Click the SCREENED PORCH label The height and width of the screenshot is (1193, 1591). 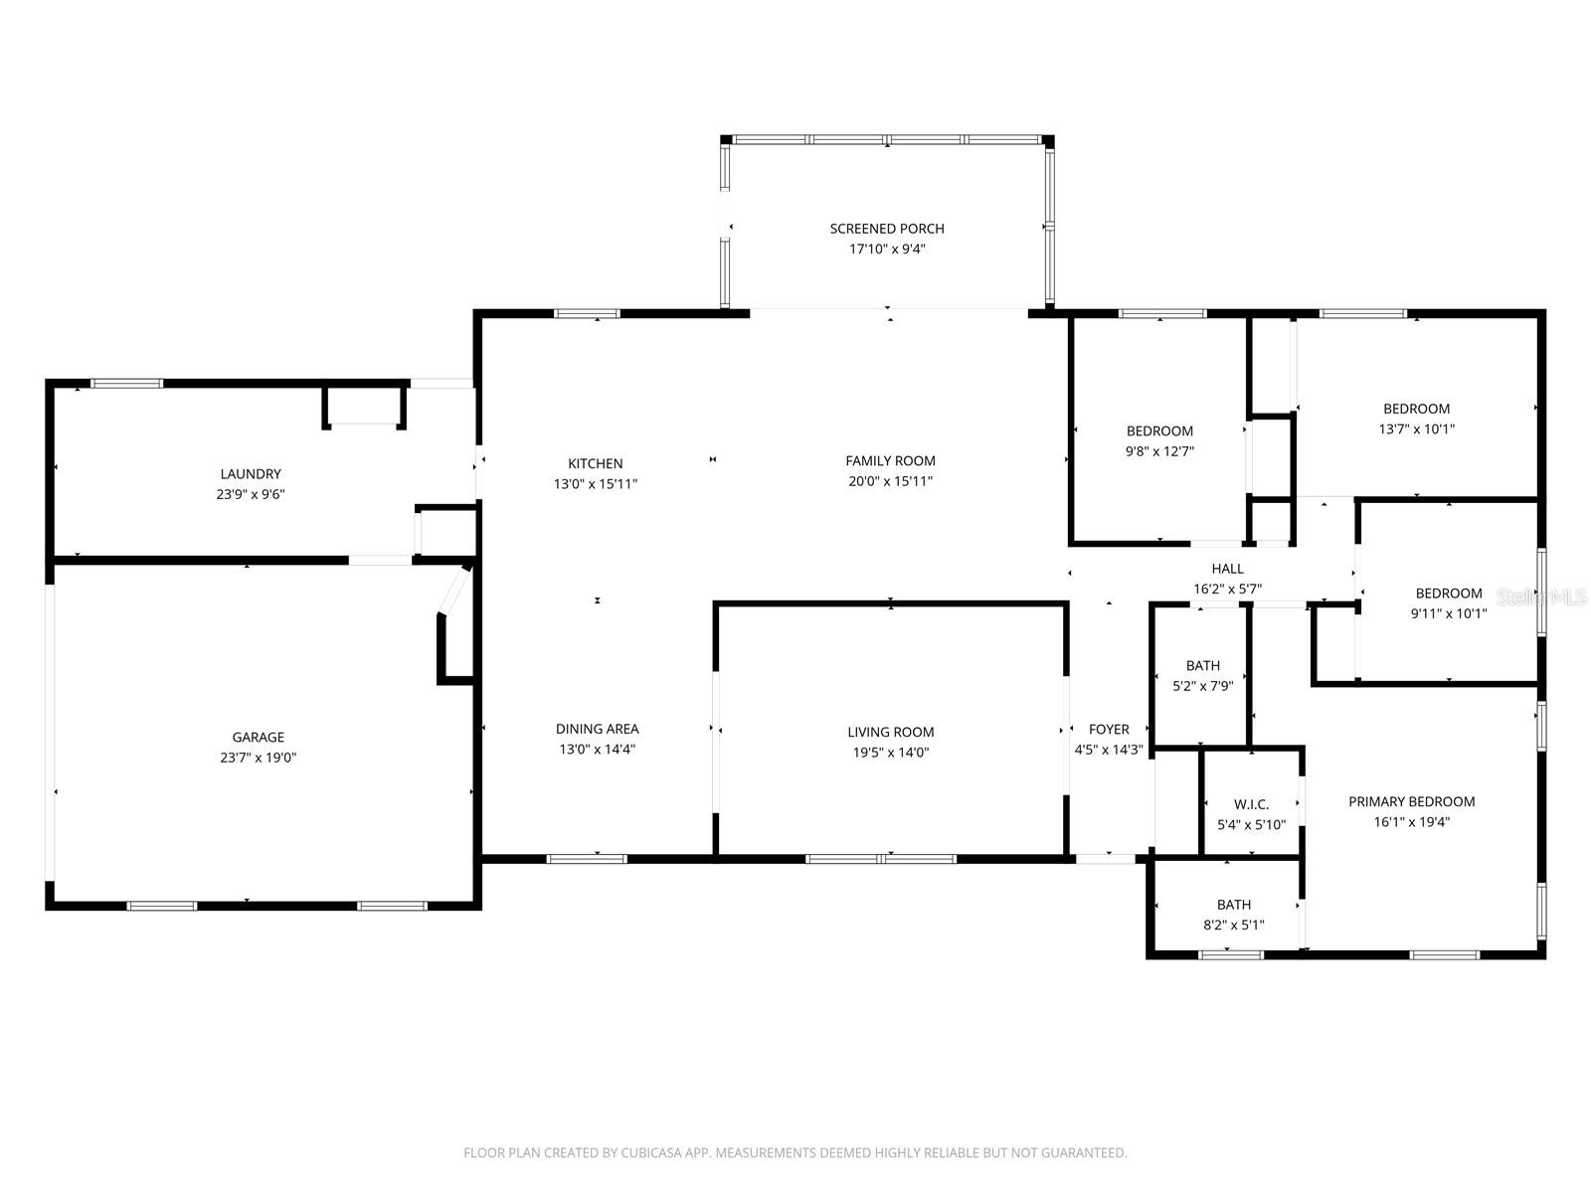886,229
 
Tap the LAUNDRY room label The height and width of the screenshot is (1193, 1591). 251,474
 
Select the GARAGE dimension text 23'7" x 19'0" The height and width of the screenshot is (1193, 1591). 258,757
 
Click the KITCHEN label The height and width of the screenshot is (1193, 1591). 595,463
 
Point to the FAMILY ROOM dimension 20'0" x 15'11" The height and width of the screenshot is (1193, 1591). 890,481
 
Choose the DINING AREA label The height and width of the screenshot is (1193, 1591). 598,729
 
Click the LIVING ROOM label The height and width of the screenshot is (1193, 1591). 891,732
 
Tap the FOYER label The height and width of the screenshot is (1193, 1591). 1109,730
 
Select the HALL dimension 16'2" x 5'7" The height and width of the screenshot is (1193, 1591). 1228,589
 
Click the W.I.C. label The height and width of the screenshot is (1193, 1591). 1252,804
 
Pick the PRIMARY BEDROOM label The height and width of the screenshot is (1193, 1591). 1412,801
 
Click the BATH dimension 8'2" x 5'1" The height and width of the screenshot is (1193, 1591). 1234,925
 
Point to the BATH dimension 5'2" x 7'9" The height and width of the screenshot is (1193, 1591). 1203,685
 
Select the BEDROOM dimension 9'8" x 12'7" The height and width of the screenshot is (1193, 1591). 1159,451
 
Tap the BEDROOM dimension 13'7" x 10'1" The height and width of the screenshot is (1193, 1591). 1416,428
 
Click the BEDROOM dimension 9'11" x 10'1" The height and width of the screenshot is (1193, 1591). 1448,613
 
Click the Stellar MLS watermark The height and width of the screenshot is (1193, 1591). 1541,596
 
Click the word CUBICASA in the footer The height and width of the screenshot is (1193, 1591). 648,1152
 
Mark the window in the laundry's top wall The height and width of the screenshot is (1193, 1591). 127,383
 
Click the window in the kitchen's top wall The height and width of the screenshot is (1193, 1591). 587,313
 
